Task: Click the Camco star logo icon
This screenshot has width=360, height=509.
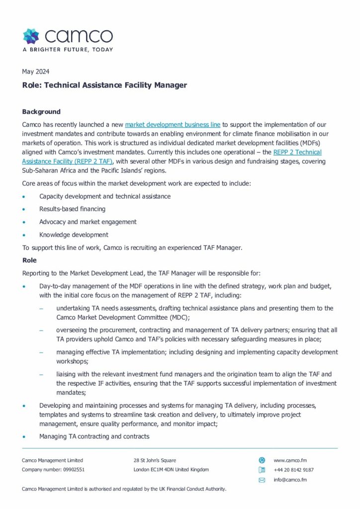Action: pyautogui.click(x=31, y=36)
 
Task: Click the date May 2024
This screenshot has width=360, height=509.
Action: pyautogui.click(x=36, y=72)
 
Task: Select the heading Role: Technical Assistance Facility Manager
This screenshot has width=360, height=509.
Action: pyautogui.click(x=104, y=85)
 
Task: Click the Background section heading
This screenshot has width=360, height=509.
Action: pyautogui.click(x=41, y=112)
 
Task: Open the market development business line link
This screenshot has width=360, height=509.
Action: pyautogui.click(x=173, y=125)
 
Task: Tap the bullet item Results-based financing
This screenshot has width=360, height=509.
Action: pyautogui.click(x=72, y=209)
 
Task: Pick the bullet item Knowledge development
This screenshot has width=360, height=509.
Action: pyautogui.click(x=74, y=235)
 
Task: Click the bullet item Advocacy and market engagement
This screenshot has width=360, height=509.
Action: pyautogui.click(x=88, y=222)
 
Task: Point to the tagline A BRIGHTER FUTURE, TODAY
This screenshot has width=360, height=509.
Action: pyautogui.click(x=68, y=50)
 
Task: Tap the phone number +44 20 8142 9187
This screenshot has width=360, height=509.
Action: pyautogui.click(x=293, y=470)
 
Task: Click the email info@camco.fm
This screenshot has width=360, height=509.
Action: pyautogui.click(x=290, y=480)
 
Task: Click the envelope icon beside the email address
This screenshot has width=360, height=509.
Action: pyautogui.click(x=262, y=480)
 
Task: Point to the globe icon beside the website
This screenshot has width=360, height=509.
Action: pyautogui.click(x=262, y=460)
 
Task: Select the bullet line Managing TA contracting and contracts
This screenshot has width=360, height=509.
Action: pyautogui.click(x=94, y=436)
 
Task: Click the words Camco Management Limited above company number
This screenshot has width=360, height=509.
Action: pyautogui.click(x=52, y=460)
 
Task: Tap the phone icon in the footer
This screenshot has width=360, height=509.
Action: pyautogui.click(x=262, y=470)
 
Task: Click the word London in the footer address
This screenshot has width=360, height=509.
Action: pyautogui.click(x=143, y=470)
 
